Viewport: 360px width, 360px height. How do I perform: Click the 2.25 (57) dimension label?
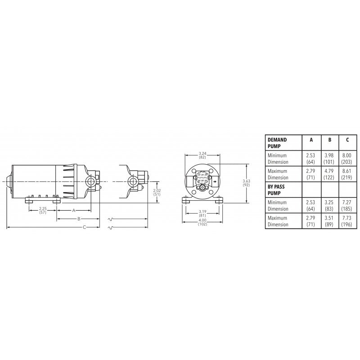(43, 211)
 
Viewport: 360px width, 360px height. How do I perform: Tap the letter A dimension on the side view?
(74, 210)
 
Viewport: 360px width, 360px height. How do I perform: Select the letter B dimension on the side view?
(79, 219)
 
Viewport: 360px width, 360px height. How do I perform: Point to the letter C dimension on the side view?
(84, 227)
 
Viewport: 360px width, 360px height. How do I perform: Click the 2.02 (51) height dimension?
(157, 193)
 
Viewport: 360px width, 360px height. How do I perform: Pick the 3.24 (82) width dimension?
(202, 155)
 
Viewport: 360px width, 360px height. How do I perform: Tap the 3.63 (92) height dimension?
(246, 183)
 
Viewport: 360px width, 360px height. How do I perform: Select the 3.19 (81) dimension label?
(202, 213)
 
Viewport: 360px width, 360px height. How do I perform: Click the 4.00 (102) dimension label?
(202, 222)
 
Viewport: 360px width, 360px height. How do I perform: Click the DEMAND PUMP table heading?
(277, 143)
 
